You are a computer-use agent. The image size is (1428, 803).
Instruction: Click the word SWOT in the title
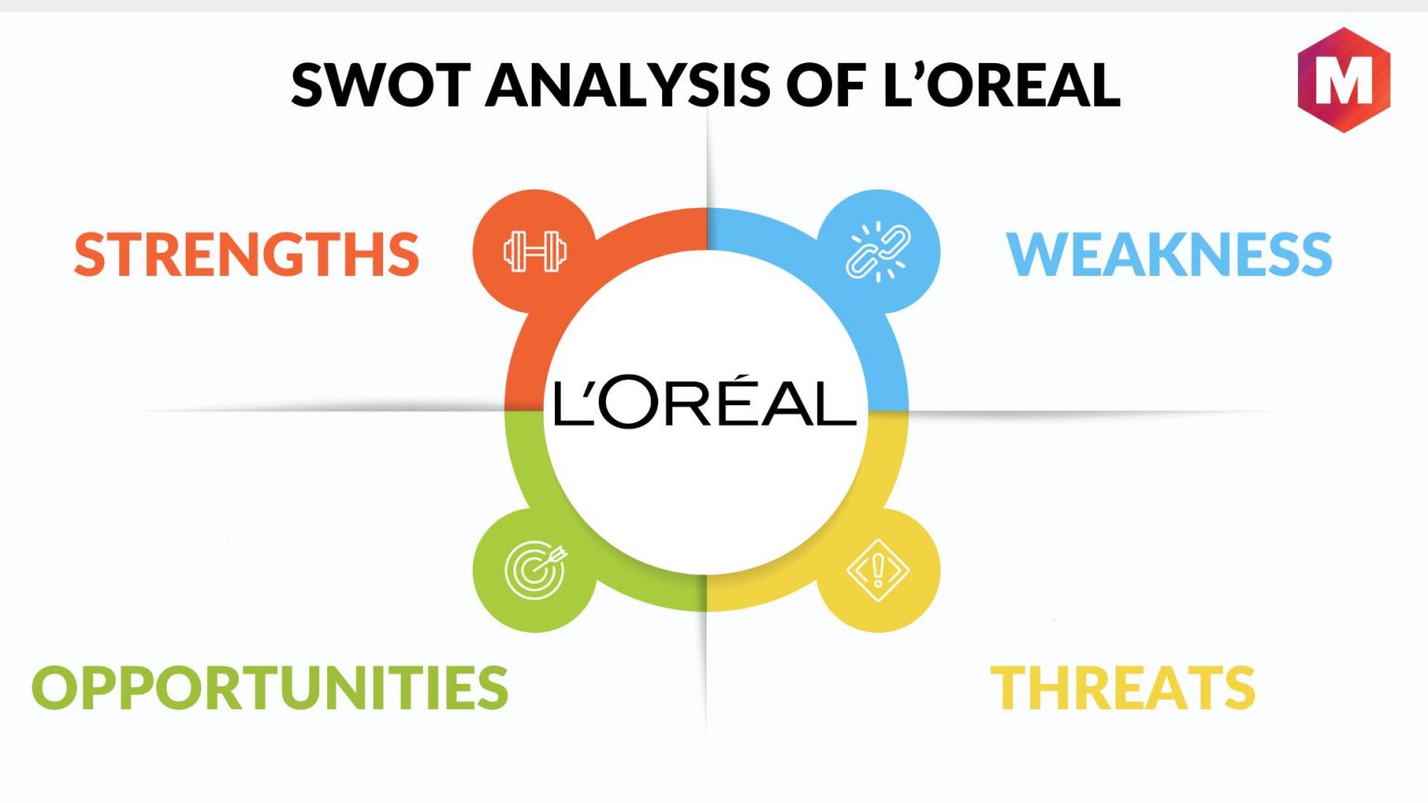[x=380, y=86]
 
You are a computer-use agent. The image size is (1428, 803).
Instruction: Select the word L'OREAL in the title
[x=1001, y=86]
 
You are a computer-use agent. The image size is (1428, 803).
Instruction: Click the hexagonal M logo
[x=1343, y=80]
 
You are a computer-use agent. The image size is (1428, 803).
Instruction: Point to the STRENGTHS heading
[x=246, y=255]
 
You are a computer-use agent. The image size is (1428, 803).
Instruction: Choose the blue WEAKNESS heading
[x=1169, y=255]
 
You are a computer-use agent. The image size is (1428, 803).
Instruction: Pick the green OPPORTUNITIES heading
[x=270, y=688]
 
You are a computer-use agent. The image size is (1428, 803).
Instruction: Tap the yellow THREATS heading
[x=1122, y=688]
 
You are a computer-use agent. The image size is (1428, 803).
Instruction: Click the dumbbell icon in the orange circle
[x=535, y=252]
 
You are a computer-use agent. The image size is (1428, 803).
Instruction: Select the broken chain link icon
[x=878, y=252]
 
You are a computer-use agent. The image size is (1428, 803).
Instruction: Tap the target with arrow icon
[x=535, y=570]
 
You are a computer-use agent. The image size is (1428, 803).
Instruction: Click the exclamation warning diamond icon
[x=878, y=570]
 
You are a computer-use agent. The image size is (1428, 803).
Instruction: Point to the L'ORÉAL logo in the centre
[x=705, y=403]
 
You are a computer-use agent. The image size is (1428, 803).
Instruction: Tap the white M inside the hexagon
[x=1343, y=81]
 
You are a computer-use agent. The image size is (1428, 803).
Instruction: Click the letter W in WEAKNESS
[x=1034, y=255]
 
